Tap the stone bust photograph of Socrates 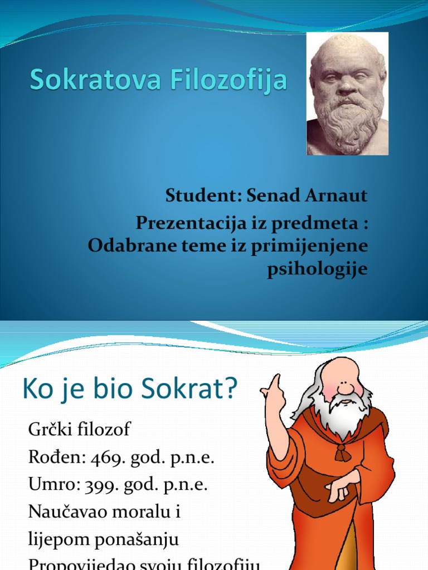tap(348, 94)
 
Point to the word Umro tap(48, 484)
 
